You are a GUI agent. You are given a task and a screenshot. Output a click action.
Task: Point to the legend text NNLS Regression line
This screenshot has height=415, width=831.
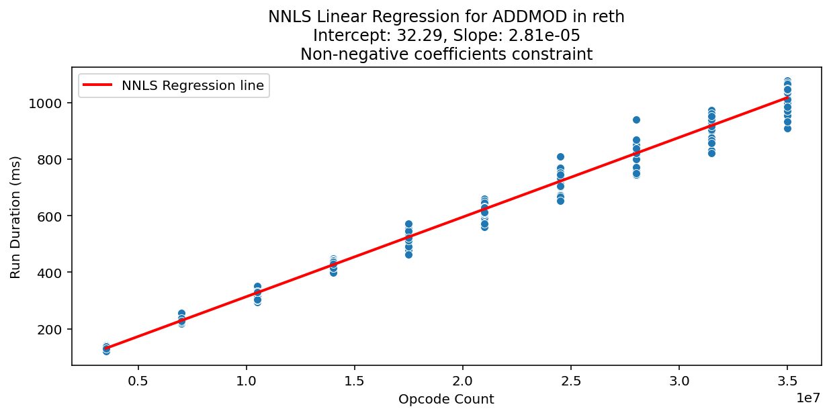(x=193, y=85)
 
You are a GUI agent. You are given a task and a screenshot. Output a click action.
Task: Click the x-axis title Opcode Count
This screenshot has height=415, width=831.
(x=446, y=400)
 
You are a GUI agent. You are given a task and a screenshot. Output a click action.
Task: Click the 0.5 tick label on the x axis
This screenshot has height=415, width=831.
(x=138, y=379)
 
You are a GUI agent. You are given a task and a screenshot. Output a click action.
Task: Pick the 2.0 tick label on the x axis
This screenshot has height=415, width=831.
(x=463, y=379)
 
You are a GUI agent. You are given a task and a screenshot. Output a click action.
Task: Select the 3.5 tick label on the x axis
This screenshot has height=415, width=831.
(x=787, y=379)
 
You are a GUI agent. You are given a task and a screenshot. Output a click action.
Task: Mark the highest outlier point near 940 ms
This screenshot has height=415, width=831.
(x=636, y=120)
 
